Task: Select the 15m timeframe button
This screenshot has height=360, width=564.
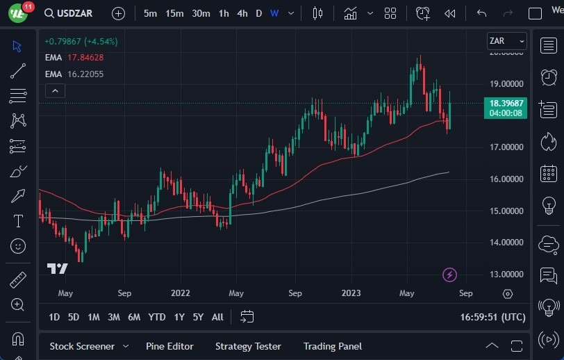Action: click(x=174, y=13)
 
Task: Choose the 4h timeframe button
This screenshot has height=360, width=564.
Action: click(x=242, y=13)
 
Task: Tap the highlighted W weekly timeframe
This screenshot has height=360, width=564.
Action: click(x=274, y=13)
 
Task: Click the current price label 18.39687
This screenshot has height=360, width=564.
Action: click(x=506, y=103)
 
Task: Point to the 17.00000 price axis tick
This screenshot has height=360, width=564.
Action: click(x=506, y=147)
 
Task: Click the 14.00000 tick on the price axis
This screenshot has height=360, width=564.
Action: click(x=506, y=243)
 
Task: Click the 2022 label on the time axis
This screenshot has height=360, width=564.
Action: click(x=180, y=293)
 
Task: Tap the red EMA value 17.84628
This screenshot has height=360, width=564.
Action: click(x=85, y=58)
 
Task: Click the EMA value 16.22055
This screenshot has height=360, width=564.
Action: click(x=85, y=74)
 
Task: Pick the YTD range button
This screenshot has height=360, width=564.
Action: click(x=157, y=317)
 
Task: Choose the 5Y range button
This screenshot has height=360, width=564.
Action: click(x=198, y=317)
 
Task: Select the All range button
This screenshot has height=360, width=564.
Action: click(x=217, y=317)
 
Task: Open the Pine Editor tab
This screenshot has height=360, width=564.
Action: click(x=169, y=346)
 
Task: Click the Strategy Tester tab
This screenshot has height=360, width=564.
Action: click(x=248, y=346)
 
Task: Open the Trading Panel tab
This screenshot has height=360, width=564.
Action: click(x=333, y=346)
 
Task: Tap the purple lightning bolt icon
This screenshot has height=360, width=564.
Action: click(x=449, y=275)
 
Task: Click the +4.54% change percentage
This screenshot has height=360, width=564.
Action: click(x=101, y=42)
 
